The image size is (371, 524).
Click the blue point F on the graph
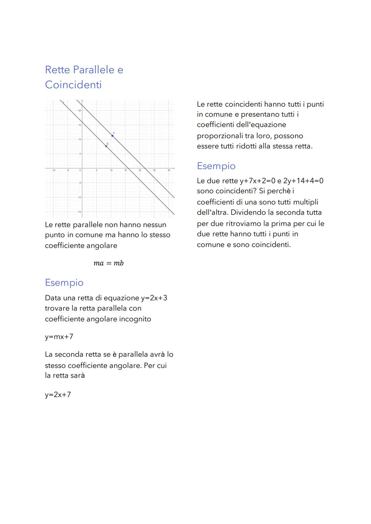click(x=112, y=136)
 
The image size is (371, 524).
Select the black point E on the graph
click(x=106, y=146)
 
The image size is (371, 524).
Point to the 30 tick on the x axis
click(x=169, y=170)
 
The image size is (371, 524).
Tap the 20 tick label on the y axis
click(x=79, y=110)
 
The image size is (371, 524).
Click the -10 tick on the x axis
click(x=53, y=170)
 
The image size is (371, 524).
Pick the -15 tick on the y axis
click(x=79, y=212)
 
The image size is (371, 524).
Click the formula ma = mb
click(x=108, y=263)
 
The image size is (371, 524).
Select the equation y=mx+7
click(x=59, y=337)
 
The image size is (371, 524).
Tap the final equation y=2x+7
click(x=58, y=395)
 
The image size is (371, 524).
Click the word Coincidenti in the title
click(x=73, y=85)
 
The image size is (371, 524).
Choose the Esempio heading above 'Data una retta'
click(x=64, y=283)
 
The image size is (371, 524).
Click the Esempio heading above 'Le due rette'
click(x=216, y=166)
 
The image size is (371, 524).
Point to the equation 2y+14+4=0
click(x=303, y=181)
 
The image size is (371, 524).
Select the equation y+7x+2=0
click(x=257, y=181)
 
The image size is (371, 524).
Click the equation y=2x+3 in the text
click(x=154, y=298)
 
